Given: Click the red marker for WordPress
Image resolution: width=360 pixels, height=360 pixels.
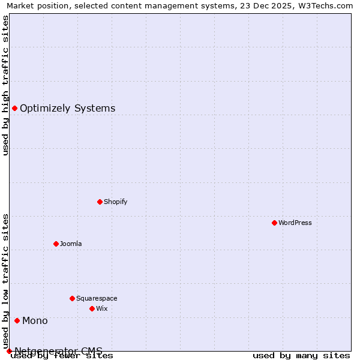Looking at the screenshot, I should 274,223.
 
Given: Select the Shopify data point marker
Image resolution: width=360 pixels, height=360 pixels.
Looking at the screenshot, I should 100,202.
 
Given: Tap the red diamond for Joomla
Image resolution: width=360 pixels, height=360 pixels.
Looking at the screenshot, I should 56,244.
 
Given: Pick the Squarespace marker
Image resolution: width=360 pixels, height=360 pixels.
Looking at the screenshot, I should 72,298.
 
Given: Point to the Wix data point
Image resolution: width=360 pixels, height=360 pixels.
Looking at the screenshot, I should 92,308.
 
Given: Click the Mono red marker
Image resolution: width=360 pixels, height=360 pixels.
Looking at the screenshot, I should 17,320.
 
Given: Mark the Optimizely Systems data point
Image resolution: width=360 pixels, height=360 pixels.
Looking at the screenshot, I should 14,108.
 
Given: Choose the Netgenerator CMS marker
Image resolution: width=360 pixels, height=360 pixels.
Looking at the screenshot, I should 9,351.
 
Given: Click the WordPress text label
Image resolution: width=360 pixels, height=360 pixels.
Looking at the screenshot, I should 295,223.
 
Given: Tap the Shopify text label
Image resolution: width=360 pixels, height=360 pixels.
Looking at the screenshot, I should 116,202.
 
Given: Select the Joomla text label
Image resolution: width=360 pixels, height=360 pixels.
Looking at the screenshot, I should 71,244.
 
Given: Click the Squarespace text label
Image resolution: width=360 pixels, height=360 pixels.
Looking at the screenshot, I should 97,298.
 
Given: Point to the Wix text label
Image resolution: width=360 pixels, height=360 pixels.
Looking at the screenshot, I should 102,308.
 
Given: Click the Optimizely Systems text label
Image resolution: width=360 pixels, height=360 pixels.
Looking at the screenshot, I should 67,109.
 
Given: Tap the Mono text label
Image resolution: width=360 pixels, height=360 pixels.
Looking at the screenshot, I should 35,321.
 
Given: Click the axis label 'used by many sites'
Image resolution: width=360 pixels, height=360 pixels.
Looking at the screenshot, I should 301,355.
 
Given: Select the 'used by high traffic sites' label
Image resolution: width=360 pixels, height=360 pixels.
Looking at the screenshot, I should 6,85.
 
